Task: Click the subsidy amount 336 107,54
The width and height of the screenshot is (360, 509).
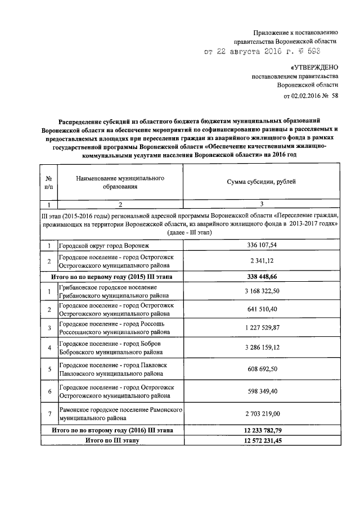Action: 262,246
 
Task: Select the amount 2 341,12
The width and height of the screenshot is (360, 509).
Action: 262,262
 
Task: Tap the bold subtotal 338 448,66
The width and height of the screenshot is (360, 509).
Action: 262,277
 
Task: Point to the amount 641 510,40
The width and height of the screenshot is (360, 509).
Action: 262,309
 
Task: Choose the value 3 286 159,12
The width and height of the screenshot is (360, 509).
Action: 262,347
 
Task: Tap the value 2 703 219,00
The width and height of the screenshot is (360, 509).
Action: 262,414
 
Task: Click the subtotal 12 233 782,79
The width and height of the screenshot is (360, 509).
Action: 262,430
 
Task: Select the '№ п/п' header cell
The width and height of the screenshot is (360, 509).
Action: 49,182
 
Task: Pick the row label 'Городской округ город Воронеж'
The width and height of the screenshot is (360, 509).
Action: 105,246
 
